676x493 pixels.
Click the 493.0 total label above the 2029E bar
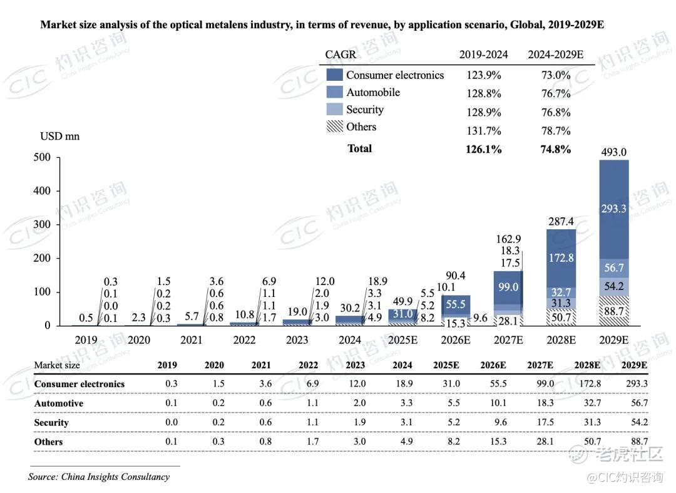coord(613,152)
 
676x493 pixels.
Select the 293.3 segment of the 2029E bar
coord(613,209)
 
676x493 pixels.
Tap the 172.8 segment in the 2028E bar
coord(561,257)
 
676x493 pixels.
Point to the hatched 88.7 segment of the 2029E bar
coord(613,310)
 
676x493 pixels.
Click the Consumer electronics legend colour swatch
coord(335,75)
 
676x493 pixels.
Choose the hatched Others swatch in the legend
coord(335,127)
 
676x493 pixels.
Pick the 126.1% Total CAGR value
coord(484,149)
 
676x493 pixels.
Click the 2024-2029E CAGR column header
coord(556,54)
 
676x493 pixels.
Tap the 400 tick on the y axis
coord(42,191)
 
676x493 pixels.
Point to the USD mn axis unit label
coord(60,136)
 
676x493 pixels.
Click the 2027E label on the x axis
coord(508,340)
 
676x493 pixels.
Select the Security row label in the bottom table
coord(51,423)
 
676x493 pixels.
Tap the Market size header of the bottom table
coord(57,365)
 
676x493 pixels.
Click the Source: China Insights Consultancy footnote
coord(99,477)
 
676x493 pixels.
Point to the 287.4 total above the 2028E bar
coord(560,221)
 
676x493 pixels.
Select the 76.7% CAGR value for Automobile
coord(556,93)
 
